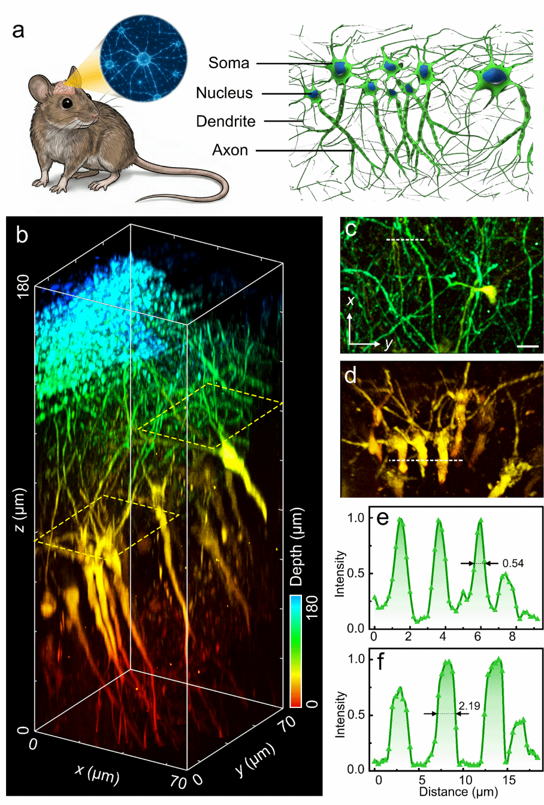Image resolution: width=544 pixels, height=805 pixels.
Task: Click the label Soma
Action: (229, 63)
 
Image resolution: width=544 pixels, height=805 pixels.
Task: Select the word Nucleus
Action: (224, 93)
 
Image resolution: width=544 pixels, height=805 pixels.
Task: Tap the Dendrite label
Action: (225, 122)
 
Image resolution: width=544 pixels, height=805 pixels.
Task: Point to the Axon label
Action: (229, 150)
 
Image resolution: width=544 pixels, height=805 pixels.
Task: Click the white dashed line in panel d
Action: (425, 460)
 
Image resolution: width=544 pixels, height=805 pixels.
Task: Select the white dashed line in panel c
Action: (405, 240)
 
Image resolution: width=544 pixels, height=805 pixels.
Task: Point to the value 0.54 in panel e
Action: (513, 563)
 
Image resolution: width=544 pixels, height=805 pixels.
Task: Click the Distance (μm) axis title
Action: (458, 792)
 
